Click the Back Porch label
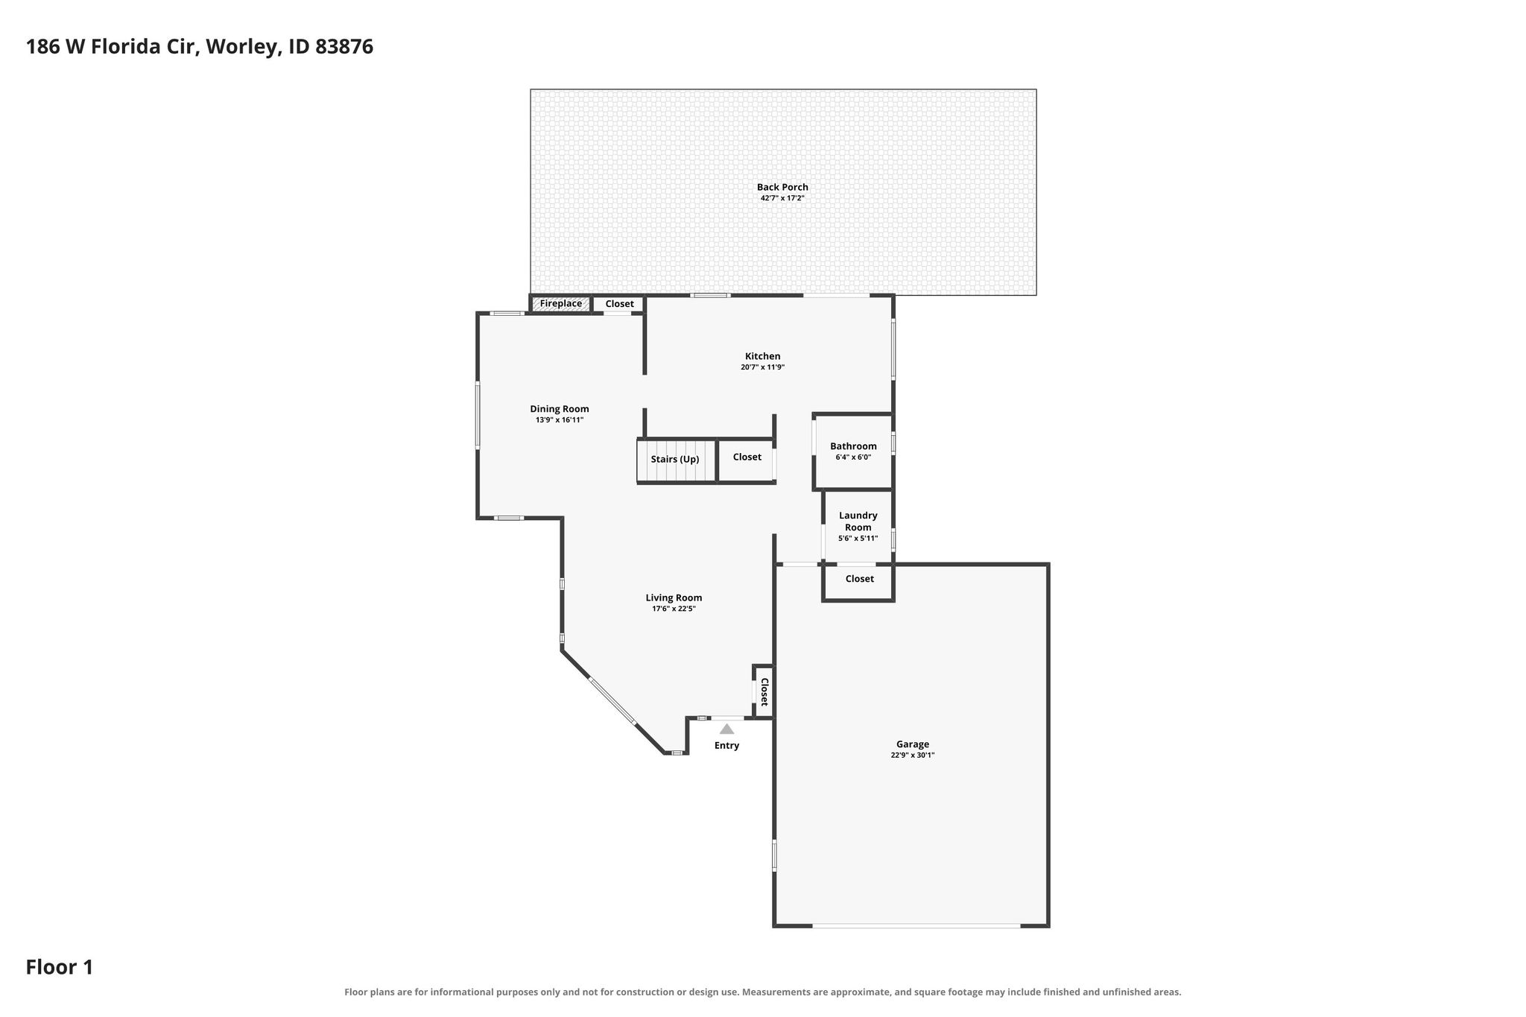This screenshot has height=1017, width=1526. (782, 187)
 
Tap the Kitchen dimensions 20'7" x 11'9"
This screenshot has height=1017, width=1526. (762, 367)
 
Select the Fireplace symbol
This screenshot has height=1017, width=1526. (561, 304)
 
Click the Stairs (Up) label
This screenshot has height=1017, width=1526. (675, 459)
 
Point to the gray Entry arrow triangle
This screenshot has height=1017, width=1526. (726, 729)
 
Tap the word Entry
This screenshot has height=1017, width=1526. (726, 746)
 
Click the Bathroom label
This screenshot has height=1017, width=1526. (853, 446)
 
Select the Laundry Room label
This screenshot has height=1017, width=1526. (858, 521)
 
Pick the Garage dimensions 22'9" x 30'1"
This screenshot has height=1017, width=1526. (912, 755)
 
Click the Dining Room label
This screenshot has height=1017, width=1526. (560, 409)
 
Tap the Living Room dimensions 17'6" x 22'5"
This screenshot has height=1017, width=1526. (674, 609)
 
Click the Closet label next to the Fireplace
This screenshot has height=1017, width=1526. (619, 304)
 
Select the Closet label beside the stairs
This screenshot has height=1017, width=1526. (747, 457)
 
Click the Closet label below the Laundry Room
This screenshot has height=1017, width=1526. (859, 579)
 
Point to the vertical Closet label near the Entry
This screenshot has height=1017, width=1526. (764, 691)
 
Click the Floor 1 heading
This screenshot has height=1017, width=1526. (60, 968)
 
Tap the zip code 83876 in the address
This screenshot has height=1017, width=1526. (344, 47)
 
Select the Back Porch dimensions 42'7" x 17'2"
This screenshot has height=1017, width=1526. (782, 199)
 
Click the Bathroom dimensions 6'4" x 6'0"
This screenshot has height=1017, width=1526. (853, 457)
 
